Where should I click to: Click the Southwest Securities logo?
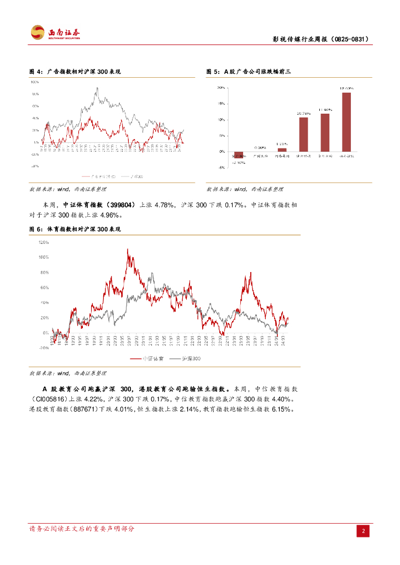click(x=55, y=33)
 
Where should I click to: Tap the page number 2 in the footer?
click(x=364, y=531)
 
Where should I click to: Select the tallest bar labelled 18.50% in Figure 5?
click(x=346, y=122)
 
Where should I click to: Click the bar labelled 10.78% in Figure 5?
click(x=303, y=134)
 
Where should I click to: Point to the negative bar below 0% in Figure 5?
click(x=239, y=154)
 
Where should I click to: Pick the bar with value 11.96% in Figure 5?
click(x=325, y=132)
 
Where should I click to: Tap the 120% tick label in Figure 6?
click(x=44, y=242)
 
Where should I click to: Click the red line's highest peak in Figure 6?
click(x=128, y=250)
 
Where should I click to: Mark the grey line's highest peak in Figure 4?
click(x=97, y=88)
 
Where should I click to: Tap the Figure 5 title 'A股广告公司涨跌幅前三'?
click(x=248, y=72)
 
